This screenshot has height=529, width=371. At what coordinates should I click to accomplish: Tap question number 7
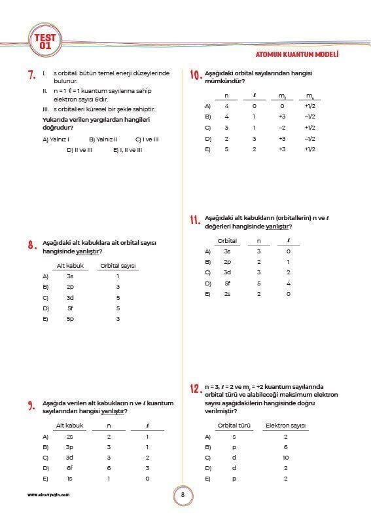31,75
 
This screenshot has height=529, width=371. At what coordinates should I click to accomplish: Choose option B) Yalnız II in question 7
102,139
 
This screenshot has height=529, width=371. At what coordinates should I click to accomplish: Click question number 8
31,246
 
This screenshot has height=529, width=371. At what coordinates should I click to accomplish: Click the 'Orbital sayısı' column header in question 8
117,266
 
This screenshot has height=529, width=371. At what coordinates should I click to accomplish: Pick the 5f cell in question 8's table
70,308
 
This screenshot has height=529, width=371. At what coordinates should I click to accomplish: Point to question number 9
31,406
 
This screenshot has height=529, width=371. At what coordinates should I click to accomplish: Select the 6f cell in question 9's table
69,467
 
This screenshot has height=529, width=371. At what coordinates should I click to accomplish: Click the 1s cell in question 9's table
69,479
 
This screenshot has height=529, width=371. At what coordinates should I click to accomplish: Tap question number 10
194,75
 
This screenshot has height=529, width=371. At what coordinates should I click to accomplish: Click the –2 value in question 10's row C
281,128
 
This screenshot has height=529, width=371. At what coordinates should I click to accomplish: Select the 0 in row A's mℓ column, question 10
281,105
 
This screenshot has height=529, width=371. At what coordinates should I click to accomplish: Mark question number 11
194,220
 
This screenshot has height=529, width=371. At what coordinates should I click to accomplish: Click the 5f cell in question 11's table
227,283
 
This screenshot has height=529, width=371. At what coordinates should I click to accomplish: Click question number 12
194,389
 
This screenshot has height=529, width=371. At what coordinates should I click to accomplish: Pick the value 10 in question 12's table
286,457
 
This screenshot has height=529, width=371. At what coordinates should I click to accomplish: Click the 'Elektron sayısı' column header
286,426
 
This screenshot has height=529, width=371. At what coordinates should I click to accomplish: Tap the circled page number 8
183,494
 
